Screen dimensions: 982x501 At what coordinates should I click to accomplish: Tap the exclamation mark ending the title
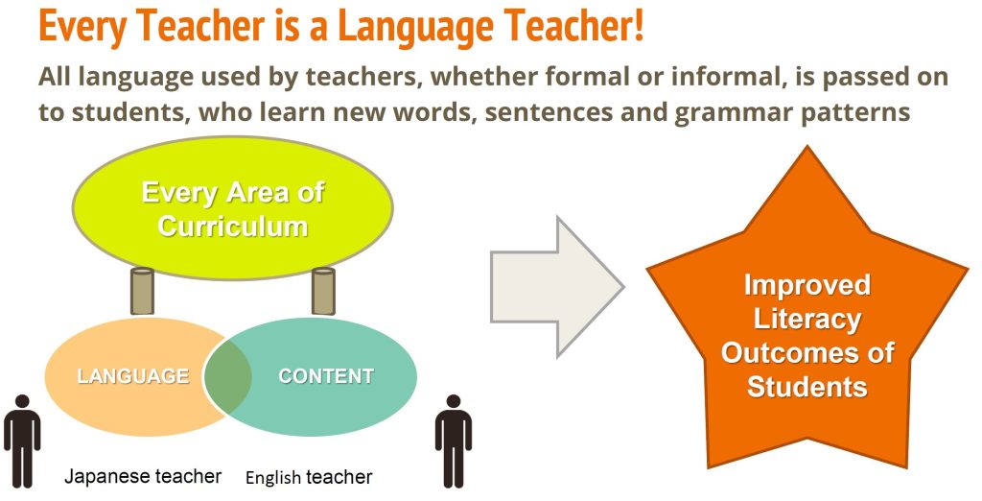pyautogui.click(x=638, y=24)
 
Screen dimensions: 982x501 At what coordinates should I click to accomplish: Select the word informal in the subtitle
pyautogui.click(x=719, y=77)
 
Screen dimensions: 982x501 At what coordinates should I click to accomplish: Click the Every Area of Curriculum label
pyautogui.click(x=232, y=209)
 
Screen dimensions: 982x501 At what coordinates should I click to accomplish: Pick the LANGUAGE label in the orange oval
pyautogui.click(x=132, y=376)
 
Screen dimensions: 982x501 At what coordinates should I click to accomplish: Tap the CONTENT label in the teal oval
pyautogui.click(x=326, y=376)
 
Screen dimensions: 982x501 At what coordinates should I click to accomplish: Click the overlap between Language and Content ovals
pyautogui.click(x=227, y=376)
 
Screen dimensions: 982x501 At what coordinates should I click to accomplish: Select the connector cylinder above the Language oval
pyautogui.click(x=142, y=291)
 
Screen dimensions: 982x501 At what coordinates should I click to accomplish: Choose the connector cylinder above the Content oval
pyautogui.click(x=323, y=291)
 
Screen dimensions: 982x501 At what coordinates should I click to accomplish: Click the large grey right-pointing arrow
pyautogui.click(x=557, y=287)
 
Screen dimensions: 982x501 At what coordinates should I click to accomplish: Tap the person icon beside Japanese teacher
pyautogui.click(x=22, y=441)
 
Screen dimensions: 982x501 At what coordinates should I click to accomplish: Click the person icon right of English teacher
pyautogui.click(x=454, y=441)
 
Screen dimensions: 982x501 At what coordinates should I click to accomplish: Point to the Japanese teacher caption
pyautogui.click(x=143, y=477)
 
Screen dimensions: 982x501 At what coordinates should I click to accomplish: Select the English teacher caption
pyautogui.click(x=309, y=478)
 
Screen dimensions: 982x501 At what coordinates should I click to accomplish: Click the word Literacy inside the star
pyautogui.click(x=807, y=320)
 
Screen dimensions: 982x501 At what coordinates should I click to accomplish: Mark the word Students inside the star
pyautogui.click(x=807, y=386)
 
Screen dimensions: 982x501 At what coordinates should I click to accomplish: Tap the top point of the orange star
pyautogui.click(x=807, y=147)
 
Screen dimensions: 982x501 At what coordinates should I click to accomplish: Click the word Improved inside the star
pyautogui.click(x=807, y=286)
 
